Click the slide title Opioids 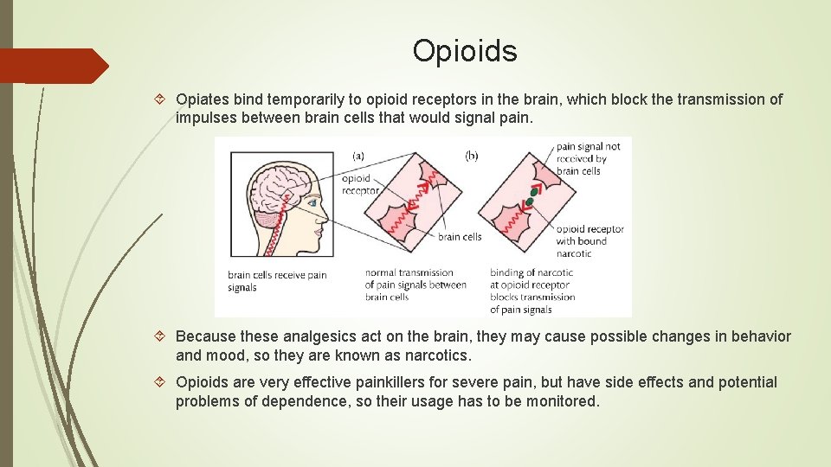[465, 51]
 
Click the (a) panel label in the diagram [358, 156]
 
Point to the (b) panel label [472, 156]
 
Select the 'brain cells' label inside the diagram [460, 236]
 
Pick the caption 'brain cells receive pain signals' [277, 281]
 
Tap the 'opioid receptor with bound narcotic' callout [589, 241]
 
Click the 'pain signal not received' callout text [588, 159]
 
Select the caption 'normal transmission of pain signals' [415, 285]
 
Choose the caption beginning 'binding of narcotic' [532, 291]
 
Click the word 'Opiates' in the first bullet [203, 99]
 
